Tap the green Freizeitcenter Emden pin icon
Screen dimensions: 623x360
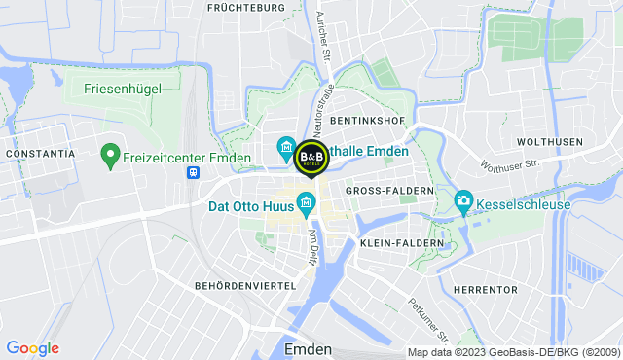109,154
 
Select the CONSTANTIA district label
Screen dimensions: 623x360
40,154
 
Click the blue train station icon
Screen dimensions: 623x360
194,172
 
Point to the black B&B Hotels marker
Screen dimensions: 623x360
311,156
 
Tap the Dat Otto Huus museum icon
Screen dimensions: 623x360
306,202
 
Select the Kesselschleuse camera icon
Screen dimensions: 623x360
464,200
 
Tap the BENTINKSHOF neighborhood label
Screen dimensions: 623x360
367,120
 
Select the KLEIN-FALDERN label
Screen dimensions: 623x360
401,242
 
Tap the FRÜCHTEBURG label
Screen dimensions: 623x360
246,8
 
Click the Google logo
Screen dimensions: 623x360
32,348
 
